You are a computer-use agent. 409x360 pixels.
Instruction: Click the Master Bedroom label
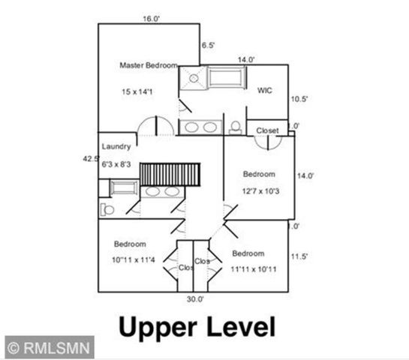click(148, 65)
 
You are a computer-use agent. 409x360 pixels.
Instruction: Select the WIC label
click(264, 90)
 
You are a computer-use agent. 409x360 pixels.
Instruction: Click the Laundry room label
click(116, 146)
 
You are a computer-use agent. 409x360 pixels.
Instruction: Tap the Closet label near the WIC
click(267, 130)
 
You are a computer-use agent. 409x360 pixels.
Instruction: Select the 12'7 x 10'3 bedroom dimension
click(260, 193)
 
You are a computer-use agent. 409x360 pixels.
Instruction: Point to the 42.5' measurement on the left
click(90, 158)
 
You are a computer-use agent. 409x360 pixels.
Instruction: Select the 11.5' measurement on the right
click(299, 256)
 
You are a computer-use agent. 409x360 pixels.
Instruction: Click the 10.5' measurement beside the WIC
click(299, 98)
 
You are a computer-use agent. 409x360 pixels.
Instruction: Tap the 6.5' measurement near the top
click(208, 45)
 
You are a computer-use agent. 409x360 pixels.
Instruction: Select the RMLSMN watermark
click(50, 347)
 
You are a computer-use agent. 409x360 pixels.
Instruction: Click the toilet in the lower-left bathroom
click(105, 205)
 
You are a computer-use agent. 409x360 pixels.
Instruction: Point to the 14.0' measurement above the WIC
click(246, 59)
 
